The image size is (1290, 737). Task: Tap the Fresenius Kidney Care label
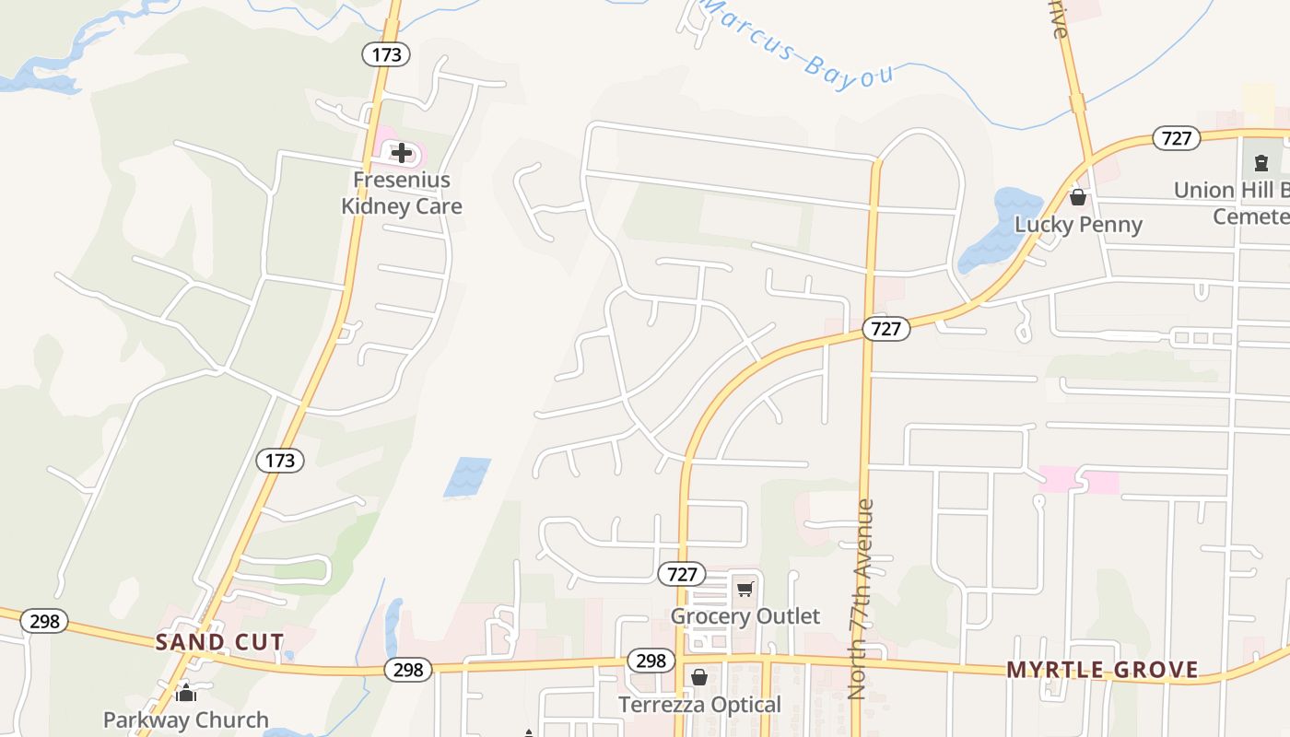tap(402, 193)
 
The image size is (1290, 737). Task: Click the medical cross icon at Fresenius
tap(402, 153)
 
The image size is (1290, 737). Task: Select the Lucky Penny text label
tap(1078, 225)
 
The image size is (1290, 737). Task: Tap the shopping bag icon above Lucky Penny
tap(1078, 197)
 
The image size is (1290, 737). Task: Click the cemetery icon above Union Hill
tap(1260, 163)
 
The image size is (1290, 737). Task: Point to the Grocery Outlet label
tap(745, 615)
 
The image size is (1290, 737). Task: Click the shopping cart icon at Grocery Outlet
tap(745, 589)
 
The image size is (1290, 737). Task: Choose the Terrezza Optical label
tap(700, 705)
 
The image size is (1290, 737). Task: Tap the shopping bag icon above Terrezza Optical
tap(699, 678)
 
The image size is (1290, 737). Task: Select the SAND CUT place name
tap(219, 641)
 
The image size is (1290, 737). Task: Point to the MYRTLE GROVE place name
tap(1102, 670)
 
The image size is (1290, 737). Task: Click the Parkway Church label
tap(186, 719)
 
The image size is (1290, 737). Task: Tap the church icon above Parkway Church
tap(186, 692)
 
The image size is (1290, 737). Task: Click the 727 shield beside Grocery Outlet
tap(682, 574)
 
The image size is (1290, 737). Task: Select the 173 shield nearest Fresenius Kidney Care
tap(386, 54)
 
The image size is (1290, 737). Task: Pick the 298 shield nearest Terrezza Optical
tap(651, 661)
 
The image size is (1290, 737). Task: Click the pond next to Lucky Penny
tap(997, 230)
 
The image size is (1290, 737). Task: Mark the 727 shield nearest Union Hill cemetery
tap(1177, 139)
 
